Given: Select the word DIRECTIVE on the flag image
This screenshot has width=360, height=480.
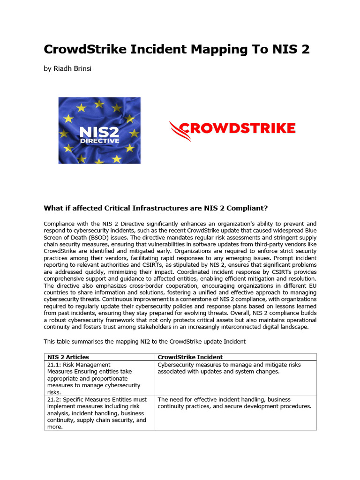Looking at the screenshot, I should coord(99,140).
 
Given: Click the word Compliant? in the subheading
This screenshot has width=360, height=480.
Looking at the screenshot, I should coord(247,208).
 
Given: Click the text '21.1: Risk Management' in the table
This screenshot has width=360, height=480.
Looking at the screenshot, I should coord(79,365).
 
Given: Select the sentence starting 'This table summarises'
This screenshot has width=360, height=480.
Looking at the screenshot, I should coord(144,341).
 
